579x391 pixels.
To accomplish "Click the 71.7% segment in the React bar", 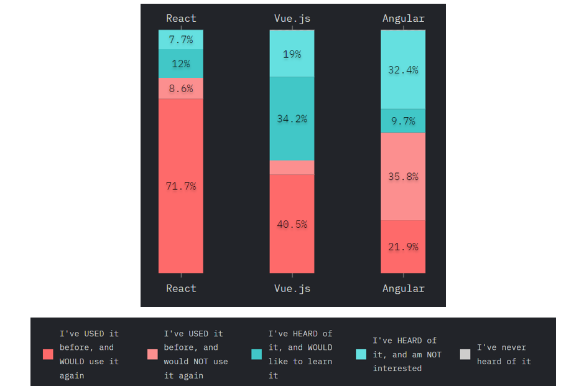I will (181, 186).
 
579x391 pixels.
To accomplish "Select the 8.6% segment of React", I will (181, 88).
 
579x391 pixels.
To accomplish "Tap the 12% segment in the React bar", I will (181, 64).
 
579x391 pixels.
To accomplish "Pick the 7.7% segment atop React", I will (181, 40).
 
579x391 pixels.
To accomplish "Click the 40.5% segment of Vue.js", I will (292, 224).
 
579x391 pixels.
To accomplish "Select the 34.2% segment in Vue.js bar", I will (292, 118).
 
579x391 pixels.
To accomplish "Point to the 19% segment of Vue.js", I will (292, 54).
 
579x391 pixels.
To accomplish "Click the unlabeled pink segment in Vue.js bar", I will (292, 167).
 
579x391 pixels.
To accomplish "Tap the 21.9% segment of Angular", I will (403, 247).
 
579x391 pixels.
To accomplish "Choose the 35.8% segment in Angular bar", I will (403, 176).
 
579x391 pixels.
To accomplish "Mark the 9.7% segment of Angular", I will (403, 121).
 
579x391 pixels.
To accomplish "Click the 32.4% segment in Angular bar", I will (403, 70).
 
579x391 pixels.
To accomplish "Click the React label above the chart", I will (181, 18).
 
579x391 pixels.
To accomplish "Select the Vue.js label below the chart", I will (292, 288).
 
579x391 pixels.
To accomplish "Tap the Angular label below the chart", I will (403, 288).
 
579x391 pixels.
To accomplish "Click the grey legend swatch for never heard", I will (465, 354).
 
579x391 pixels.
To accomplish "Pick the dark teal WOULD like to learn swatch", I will (256, 354).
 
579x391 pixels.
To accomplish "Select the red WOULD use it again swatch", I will (48, 354).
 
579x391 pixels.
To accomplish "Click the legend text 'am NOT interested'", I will (407, 361).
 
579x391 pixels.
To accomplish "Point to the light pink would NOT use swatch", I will (152, 354).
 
